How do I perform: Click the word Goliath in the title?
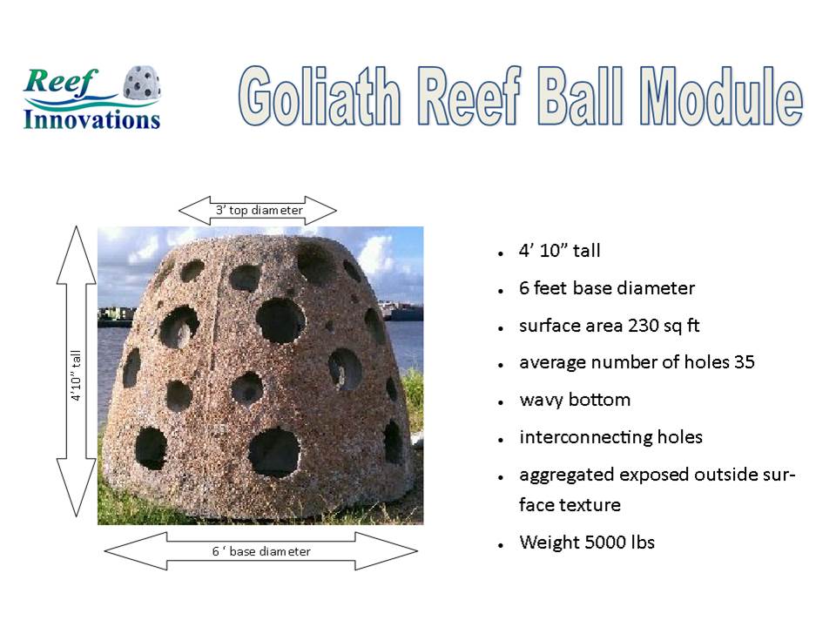(x=320, y=96)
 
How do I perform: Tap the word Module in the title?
(x=721, y=96)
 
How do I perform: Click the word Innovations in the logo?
(x=91, y=119)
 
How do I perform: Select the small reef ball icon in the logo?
(x=142, y=83)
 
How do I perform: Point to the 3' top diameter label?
(x=260, y=210)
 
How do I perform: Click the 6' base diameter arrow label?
(x=261, y=551)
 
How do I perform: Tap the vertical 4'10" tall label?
(x=77, y=375)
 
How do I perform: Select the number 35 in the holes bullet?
(x=745, y=362)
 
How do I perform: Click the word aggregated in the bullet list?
(x=567, y=475)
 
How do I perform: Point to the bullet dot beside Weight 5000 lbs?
(x=501, y=545)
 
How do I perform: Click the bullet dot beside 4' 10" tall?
(x=501, y=253)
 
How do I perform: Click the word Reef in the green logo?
(x=60, y=82)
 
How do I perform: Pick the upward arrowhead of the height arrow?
(x=77, y=255)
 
